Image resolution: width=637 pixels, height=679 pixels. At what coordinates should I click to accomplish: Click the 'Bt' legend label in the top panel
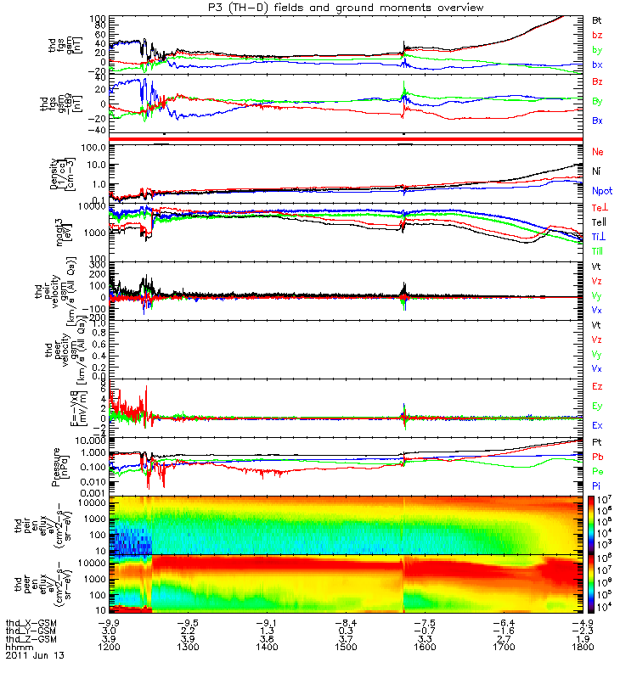[x=597, y=19]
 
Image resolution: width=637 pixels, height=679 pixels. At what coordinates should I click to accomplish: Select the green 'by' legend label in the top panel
[x=598, y=49]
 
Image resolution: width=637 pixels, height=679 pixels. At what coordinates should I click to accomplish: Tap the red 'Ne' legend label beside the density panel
[x=598, y=151]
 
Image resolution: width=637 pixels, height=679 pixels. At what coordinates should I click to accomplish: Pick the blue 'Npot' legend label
[x=602, y=191]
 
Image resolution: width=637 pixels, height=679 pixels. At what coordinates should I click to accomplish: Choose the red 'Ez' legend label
[x=598, y=386]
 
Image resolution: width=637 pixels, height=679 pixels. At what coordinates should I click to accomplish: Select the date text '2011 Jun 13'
[x=35, y=656]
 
